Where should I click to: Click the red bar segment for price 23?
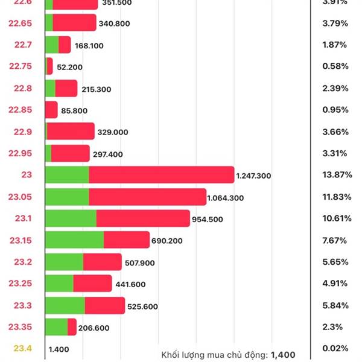[x=161, y=175]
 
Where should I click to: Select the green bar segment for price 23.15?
[x=74, y=240]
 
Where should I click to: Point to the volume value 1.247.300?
[x=253, y=176]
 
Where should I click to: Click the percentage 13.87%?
[x=335, y=175]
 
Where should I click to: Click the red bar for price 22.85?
[x=51, y=110]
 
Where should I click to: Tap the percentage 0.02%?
[x=335, y=349]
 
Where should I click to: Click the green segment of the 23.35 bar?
[x=56, y=327]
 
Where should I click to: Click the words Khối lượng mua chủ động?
[x=215, y=355]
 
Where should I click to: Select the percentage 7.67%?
[x=335, y=240]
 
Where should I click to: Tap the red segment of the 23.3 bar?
[x=104, y=305]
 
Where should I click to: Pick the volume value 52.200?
[x=70, y=67]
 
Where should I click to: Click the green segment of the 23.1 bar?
[x=71, y=218]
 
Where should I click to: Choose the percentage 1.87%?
[x=335, y=45]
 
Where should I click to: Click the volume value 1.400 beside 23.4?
[x=58, y=349]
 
